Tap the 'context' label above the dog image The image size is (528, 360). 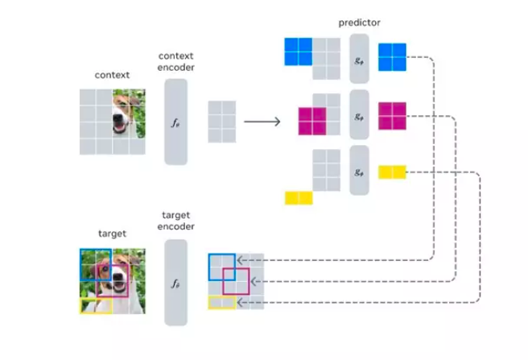112,75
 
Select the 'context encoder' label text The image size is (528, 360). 175,61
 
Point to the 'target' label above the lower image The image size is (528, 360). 112,234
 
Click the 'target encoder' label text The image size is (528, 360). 175,221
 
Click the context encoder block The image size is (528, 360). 175,122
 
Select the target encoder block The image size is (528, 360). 175,282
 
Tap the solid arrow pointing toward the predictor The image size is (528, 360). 262,122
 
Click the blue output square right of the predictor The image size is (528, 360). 392,58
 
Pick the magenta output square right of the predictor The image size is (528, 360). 392,115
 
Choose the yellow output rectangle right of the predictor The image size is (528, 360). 392,172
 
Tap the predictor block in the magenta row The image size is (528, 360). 359,115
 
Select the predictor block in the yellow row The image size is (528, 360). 359,172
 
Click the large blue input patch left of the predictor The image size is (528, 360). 298,52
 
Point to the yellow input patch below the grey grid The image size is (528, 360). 298,197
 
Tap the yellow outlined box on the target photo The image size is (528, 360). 95,305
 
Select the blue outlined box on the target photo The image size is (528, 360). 94,264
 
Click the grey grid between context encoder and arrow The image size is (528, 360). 221,122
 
